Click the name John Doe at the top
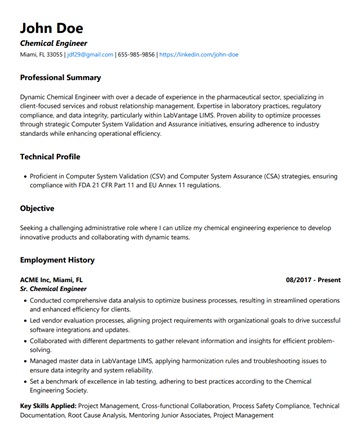51,27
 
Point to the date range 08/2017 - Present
313,280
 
